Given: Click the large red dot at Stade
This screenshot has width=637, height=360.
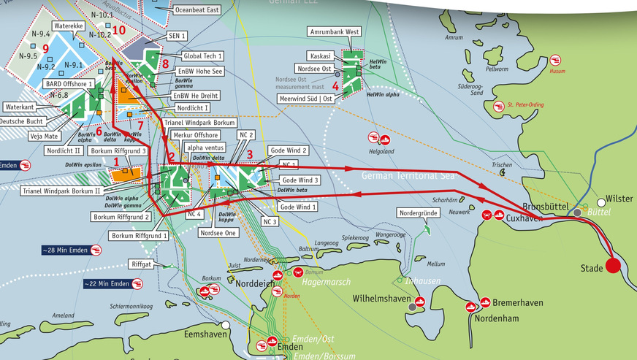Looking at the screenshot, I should point(612,266).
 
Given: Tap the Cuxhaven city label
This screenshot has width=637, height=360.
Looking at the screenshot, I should point(524,216).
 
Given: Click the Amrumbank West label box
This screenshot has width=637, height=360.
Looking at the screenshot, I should point(333,32).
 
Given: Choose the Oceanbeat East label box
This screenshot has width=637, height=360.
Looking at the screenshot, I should point(199,10).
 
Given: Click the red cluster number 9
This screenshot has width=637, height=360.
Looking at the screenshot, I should point(45,49).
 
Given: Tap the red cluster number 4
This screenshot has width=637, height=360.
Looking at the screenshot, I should point(335,85).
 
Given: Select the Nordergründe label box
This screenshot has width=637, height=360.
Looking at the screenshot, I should point(417,213).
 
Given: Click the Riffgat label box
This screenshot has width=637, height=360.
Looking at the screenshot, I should point(142,264).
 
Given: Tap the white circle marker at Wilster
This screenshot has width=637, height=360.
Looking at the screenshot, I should point(600,199).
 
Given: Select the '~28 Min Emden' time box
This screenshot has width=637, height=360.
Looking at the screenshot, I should point(65,250).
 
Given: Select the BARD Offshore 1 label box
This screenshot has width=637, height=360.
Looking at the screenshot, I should point(69,84).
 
